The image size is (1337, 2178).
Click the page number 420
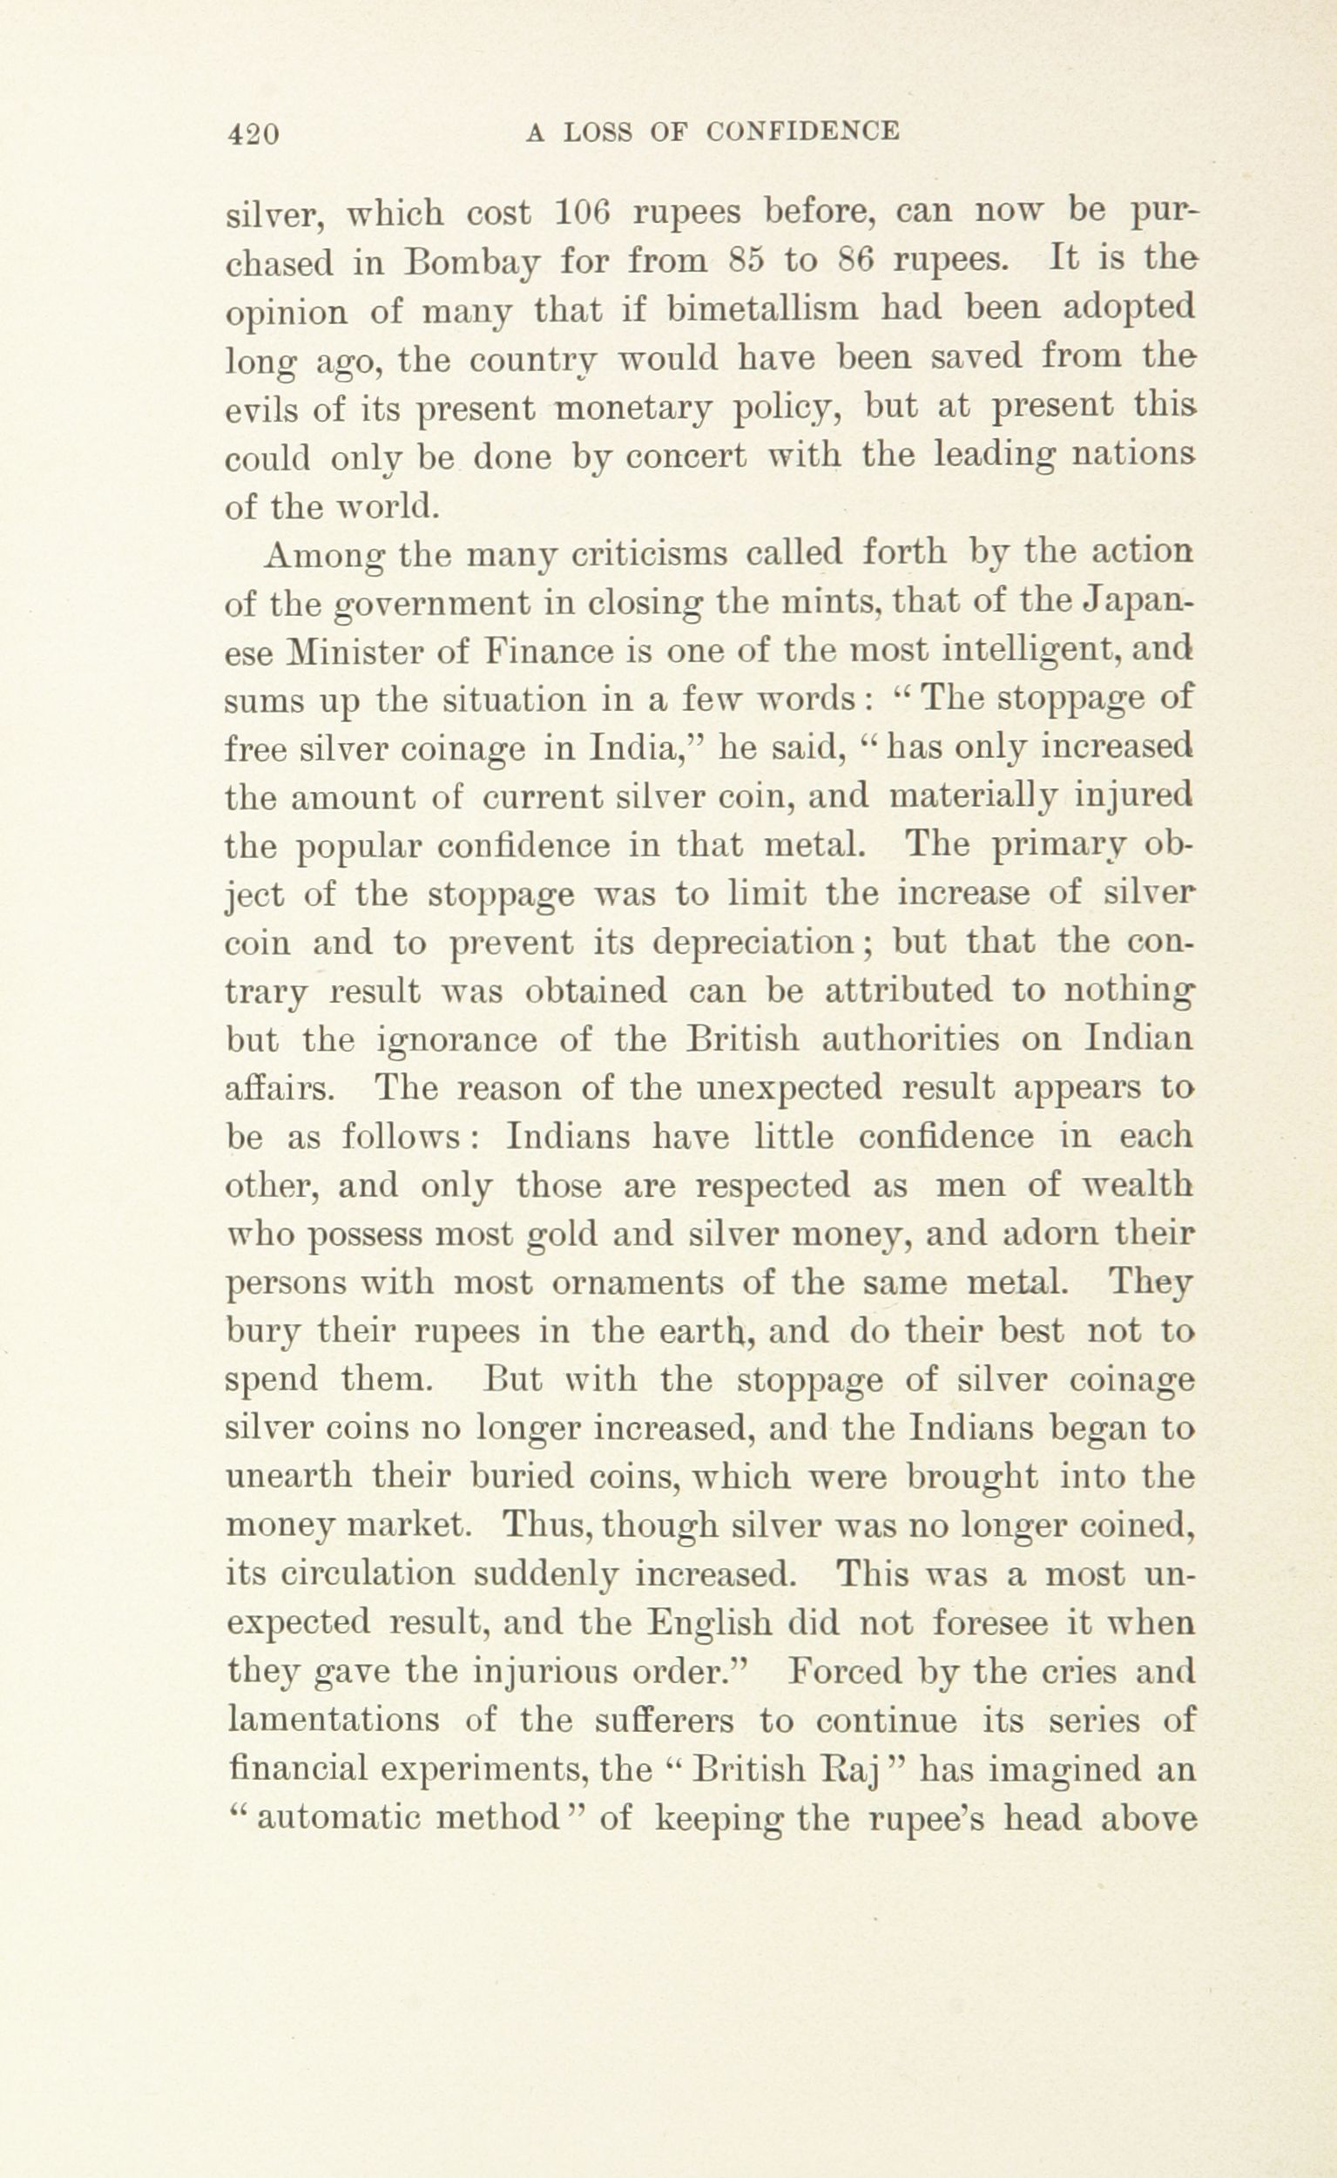253,133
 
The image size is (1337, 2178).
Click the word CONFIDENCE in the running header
803,132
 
